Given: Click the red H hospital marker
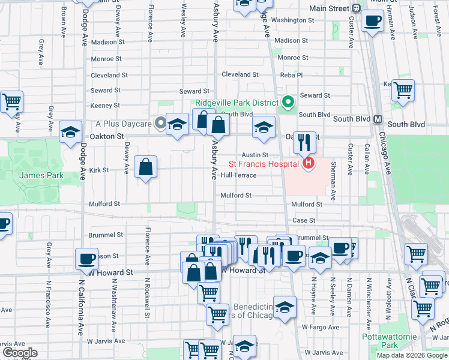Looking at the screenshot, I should coord(309,163).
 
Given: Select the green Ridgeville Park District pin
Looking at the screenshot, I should coord(288,102).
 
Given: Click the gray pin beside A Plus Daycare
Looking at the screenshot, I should coord(160,124).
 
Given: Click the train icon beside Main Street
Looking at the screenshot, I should coord(356,8).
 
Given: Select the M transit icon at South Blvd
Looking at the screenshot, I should coord(378,119).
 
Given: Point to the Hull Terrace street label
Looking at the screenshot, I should coord(238,175).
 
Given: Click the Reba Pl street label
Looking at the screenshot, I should coord(292,75).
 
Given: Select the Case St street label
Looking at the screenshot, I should coord(304,220).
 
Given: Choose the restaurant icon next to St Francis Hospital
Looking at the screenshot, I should coord(304,142).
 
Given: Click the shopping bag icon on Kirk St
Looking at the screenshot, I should coord(146,167).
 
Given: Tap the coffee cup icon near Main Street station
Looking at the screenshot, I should coord(372,22).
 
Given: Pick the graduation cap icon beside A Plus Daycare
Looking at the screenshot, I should coord(177,124).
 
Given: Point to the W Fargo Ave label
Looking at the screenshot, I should coord(318,327).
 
